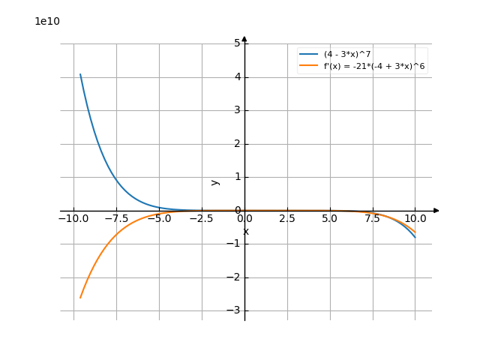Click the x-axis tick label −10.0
click(73, 219)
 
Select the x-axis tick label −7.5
click(116, 219)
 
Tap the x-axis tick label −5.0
click(159, 219)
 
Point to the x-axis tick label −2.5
click(202, 219)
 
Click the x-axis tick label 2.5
click(287, 219)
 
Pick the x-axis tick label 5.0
click(330, 219)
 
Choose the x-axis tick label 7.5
click(373, 219)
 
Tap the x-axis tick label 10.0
click(415, 219)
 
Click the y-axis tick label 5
click(237, 43)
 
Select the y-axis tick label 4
click(237, 77)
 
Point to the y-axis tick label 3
click(237, 110)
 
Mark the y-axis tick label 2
click(237, 144)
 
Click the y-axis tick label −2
click(234, 277)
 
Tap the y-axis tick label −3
click(234, 310)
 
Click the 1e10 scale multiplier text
click(47, 21)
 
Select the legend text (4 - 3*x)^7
click(347, 54)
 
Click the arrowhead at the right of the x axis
click(436, 211)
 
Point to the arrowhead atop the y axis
click(244, 39)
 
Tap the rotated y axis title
click(215, 181)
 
